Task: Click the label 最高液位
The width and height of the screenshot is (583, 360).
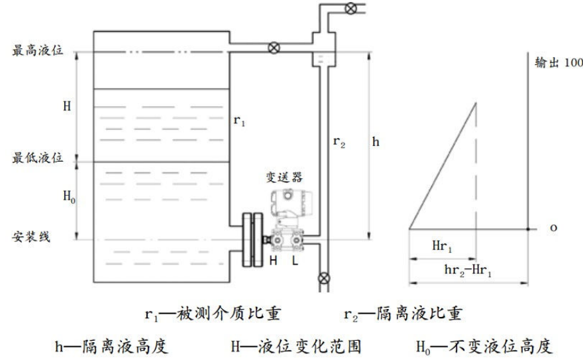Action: (x=38, y=50)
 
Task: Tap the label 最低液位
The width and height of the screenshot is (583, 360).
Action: (x=38, y=158)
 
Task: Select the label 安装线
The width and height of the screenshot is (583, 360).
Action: (x=31, y=237)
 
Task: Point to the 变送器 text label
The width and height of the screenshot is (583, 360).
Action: (x=284, y=177)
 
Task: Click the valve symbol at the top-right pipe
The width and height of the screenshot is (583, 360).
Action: (x=350, y=8)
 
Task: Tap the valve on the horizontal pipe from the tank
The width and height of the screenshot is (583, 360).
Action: (x=274, y=48)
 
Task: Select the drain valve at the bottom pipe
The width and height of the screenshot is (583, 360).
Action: (x=324, y=278)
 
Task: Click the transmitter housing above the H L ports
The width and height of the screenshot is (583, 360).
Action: (x=291, y=203)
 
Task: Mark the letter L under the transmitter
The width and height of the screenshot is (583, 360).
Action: (x=295, y=261)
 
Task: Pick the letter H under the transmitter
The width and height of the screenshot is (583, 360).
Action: (x=273, y=261)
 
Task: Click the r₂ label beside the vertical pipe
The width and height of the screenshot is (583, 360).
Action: (x=339, y=142)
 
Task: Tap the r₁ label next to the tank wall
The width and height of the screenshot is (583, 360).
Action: (x=239, y=120)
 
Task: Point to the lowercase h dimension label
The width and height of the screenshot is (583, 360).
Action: (x=376, y=141)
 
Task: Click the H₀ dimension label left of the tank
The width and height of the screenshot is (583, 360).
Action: (x=69, y=196)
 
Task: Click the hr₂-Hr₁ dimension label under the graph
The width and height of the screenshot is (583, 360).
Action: (x=468, y=270)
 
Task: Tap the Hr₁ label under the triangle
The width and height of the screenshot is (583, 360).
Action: (x=442, y=246)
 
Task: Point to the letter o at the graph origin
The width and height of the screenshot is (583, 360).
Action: (x=554, y=227)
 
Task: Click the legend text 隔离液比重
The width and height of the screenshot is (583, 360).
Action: (x=419, y=314)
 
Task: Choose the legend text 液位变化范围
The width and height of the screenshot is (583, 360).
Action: (x=310, y=346)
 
